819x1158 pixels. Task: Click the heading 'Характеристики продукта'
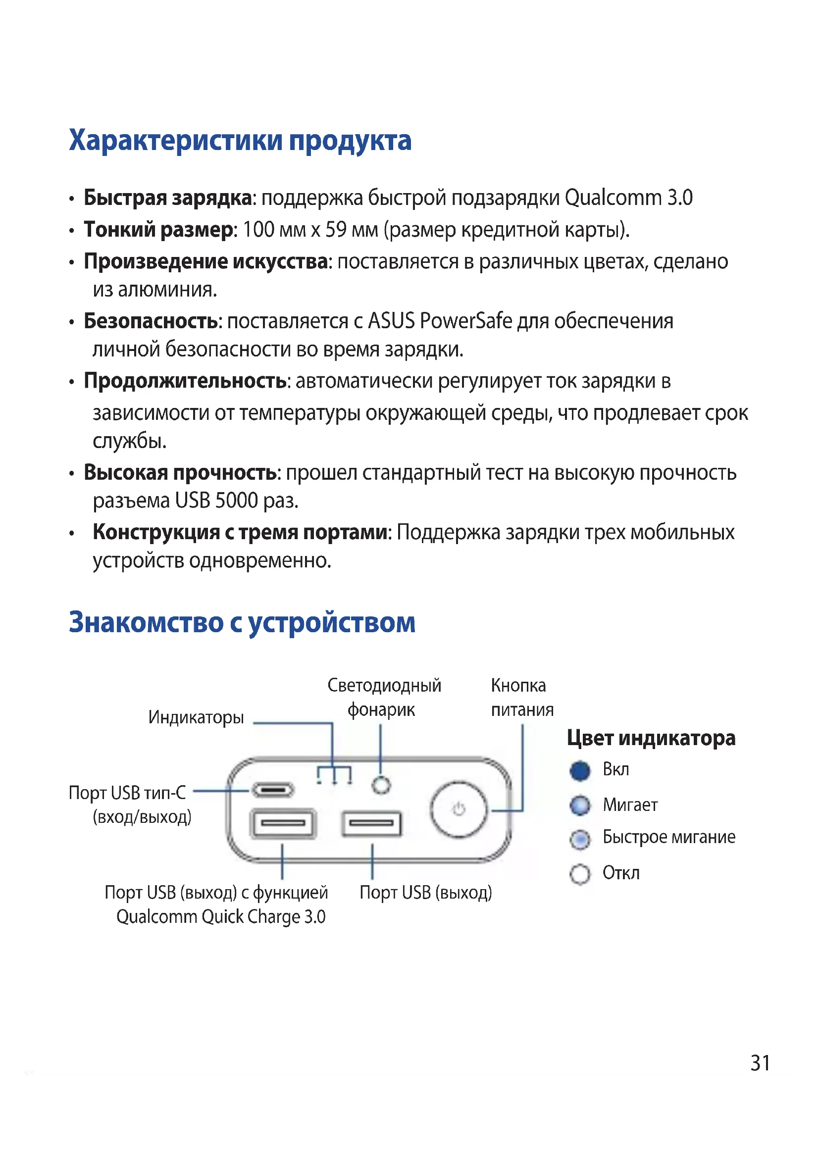(240, 141)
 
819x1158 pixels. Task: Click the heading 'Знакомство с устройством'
(242, 623)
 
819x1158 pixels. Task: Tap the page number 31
(760, 1063)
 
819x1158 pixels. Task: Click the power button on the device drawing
(459, 809)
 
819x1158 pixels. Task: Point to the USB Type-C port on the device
(273, 790)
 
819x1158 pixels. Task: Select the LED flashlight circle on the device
(381, 785)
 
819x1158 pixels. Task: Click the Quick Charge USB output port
(283, 823)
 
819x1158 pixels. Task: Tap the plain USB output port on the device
(372, 824)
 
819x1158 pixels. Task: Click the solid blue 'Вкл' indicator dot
(580, 771)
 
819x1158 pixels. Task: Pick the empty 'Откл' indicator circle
(580, 874)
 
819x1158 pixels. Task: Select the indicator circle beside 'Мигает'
(580, 806)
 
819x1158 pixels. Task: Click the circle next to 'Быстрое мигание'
(580, 839)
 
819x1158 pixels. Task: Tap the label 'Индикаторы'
(196, 717)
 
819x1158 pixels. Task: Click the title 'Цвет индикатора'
(651, 738)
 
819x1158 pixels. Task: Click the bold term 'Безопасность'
(152, 321)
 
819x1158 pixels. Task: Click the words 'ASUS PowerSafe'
(440, 321)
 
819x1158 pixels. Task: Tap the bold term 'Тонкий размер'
(158, 230)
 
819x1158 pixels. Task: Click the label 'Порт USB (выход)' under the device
(426, 893)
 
